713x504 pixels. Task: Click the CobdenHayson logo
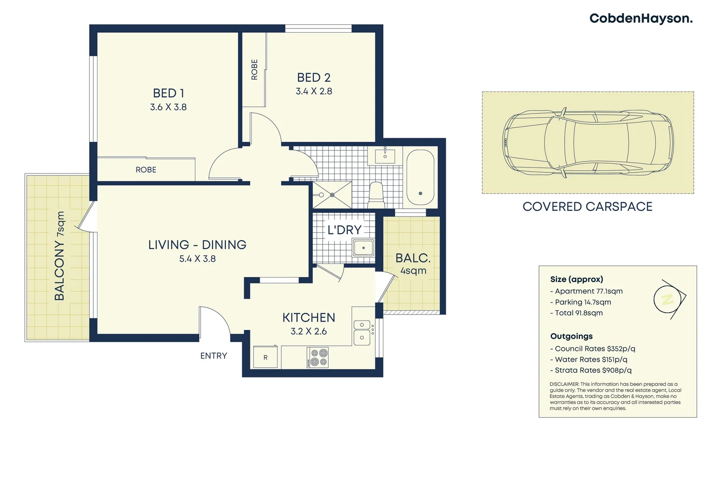click(x=641, y=19)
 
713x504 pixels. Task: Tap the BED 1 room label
click(x=168, y=93)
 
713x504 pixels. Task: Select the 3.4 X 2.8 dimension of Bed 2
click(x=314, y=91)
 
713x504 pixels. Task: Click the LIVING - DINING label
click(x=197, y=245)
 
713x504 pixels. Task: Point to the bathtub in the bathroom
click(x=420, y=178)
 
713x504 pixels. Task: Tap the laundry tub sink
click(x=363, y=247)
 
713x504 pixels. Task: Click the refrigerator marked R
click(x=265, y=357)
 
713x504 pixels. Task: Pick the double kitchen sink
click(x=362, y=331)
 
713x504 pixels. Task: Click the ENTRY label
click(x=214, y=356)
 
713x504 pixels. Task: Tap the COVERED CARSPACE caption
click(x=587, y=207)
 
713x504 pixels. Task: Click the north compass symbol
click(x=668, y=299)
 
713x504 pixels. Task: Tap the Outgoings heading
click(x=571, y=336)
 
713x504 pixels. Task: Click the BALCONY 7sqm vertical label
click(x=60, y=256)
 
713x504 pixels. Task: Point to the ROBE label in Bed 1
click(x=146, y=170)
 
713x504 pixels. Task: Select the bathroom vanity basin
click(x=385, y=155)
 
